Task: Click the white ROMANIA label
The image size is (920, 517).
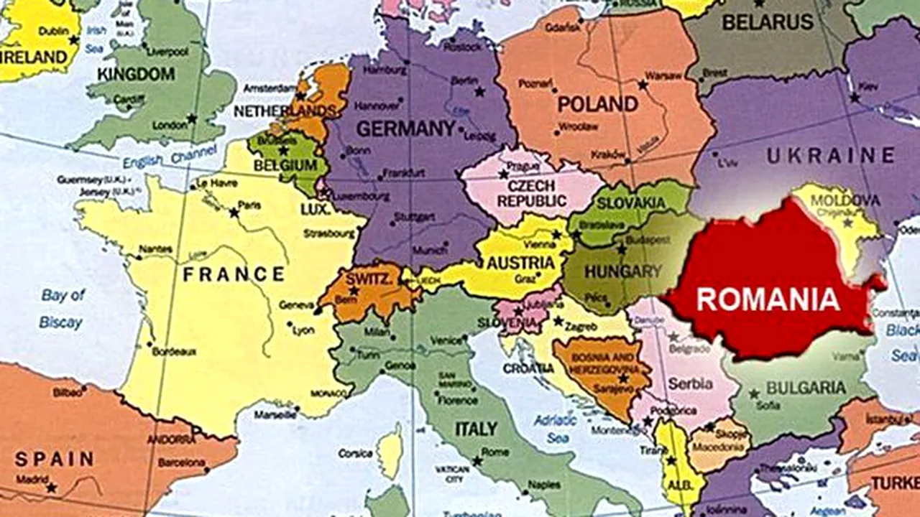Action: (x=768, y=299)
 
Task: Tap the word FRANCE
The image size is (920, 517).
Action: (x=234, y=274)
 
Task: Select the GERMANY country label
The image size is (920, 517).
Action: (x=406, y=129)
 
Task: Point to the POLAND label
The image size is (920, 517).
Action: (x=598, y=104)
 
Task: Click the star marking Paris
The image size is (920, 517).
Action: (x=234, y=213)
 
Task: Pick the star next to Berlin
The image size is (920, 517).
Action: (x=479, y=91)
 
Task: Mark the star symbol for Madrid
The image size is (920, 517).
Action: (x=51, y=488)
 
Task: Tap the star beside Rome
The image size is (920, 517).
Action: (x=477, y=460)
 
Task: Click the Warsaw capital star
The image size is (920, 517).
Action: (x=643, y=85)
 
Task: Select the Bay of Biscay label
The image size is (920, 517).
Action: (x=62, y=309)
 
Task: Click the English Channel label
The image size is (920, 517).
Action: (x=169, y=157)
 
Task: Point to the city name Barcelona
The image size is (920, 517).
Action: (x=181, y=462)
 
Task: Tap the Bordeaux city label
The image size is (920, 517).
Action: (x=174, y=351)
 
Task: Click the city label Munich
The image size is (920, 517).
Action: (x=430, y=250)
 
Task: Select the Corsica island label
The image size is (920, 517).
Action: (x=356, y=453)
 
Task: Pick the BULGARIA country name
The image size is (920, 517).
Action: (x=806, y=388)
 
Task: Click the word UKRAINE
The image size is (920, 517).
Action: (x=830, y=156)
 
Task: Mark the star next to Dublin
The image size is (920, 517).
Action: (x=73, y=39)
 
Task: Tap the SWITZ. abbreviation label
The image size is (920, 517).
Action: (x=368, y=277)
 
